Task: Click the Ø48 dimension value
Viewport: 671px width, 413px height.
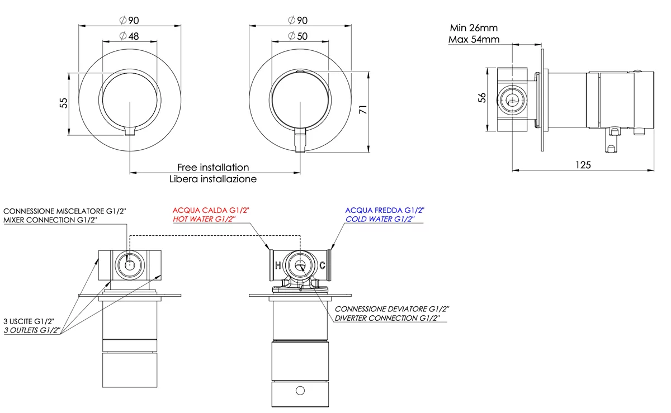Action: click(129, 37)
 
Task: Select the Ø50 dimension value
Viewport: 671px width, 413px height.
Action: click(299, 37)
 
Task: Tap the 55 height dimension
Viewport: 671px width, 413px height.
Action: click(63, 103)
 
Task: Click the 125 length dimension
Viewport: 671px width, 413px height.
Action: click(583, 164)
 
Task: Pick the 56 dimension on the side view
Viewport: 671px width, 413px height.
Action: click(482, 97)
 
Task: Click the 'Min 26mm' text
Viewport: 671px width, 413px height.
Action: click(474, 27)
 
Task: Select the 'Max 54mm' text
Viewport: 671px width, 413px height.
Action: click(474, 39)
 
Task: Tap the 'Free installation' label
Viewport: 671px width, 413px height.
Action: click(213, 167)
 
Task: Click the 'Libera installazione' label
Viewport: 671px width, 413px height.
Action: click(213, 179)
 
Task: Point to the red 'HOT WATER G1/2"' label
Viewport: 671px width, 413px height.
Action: click(204, 219)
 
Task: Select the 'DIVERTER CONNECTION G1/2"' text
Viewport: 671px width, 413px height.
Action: click(391, 318)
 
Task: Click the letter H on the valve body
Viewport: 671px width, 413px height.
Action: click(277, 265)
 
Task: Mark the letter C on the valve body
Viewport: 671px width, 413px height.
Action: click(322, 265)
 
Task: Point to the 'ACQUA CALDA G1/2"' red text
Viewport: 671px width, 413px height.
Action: click(211, 210)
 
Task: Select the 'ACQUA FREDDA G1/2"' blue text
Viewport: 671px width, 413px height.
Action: click(385, 210)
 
